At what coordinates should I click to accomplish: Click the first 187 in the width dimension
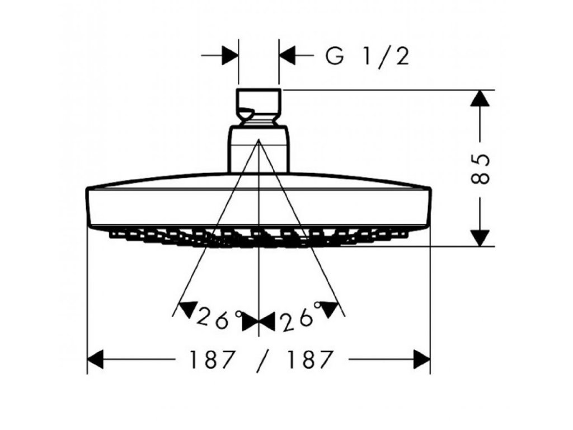pos(211,359)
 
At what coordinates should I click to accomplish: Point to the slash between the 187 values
pos(260,359)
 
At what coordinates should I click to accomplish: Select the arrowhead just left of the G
pos(288,56)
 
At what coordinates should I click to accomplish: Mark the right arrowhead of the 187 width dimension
pos(421,359)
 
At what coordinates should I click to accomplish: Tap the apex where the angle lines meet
pos(259,141)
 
